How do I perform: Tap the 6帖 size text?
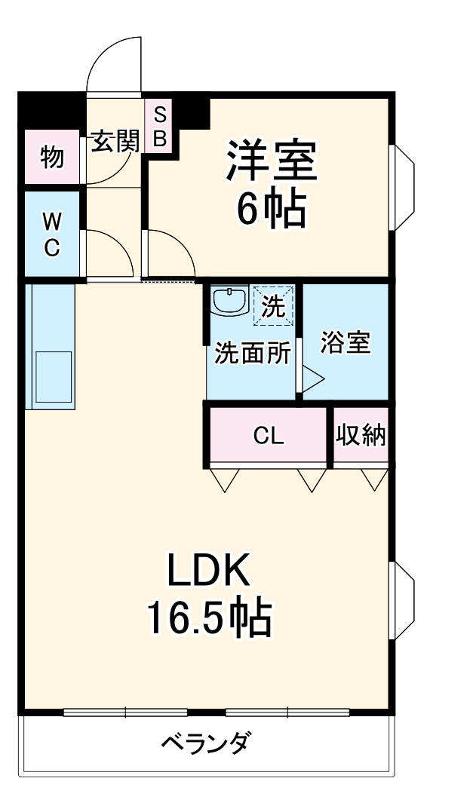(x=271, y=209)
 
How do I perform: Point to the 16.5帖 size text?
(x=209, y=617)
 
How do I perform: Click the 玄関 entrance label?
(x=115, y=140)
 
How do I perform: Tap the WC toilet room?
(x=52, y=234)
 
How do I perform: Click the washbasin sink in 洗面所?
(x=229, y=300)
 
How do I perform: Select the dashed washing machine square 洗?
(x=273, y=305)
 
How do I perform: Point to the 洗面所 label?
(x=252, y=354)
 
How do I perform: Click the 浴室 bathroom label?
(x=346, y=342)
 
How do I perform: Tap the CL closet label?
(x=269, y=437)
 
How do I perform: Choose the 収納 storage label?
(x=361, y=435)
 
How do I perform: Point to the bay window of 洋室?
(x=402, y=187)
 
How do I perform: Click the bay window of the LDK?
(x=402, y=602)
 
